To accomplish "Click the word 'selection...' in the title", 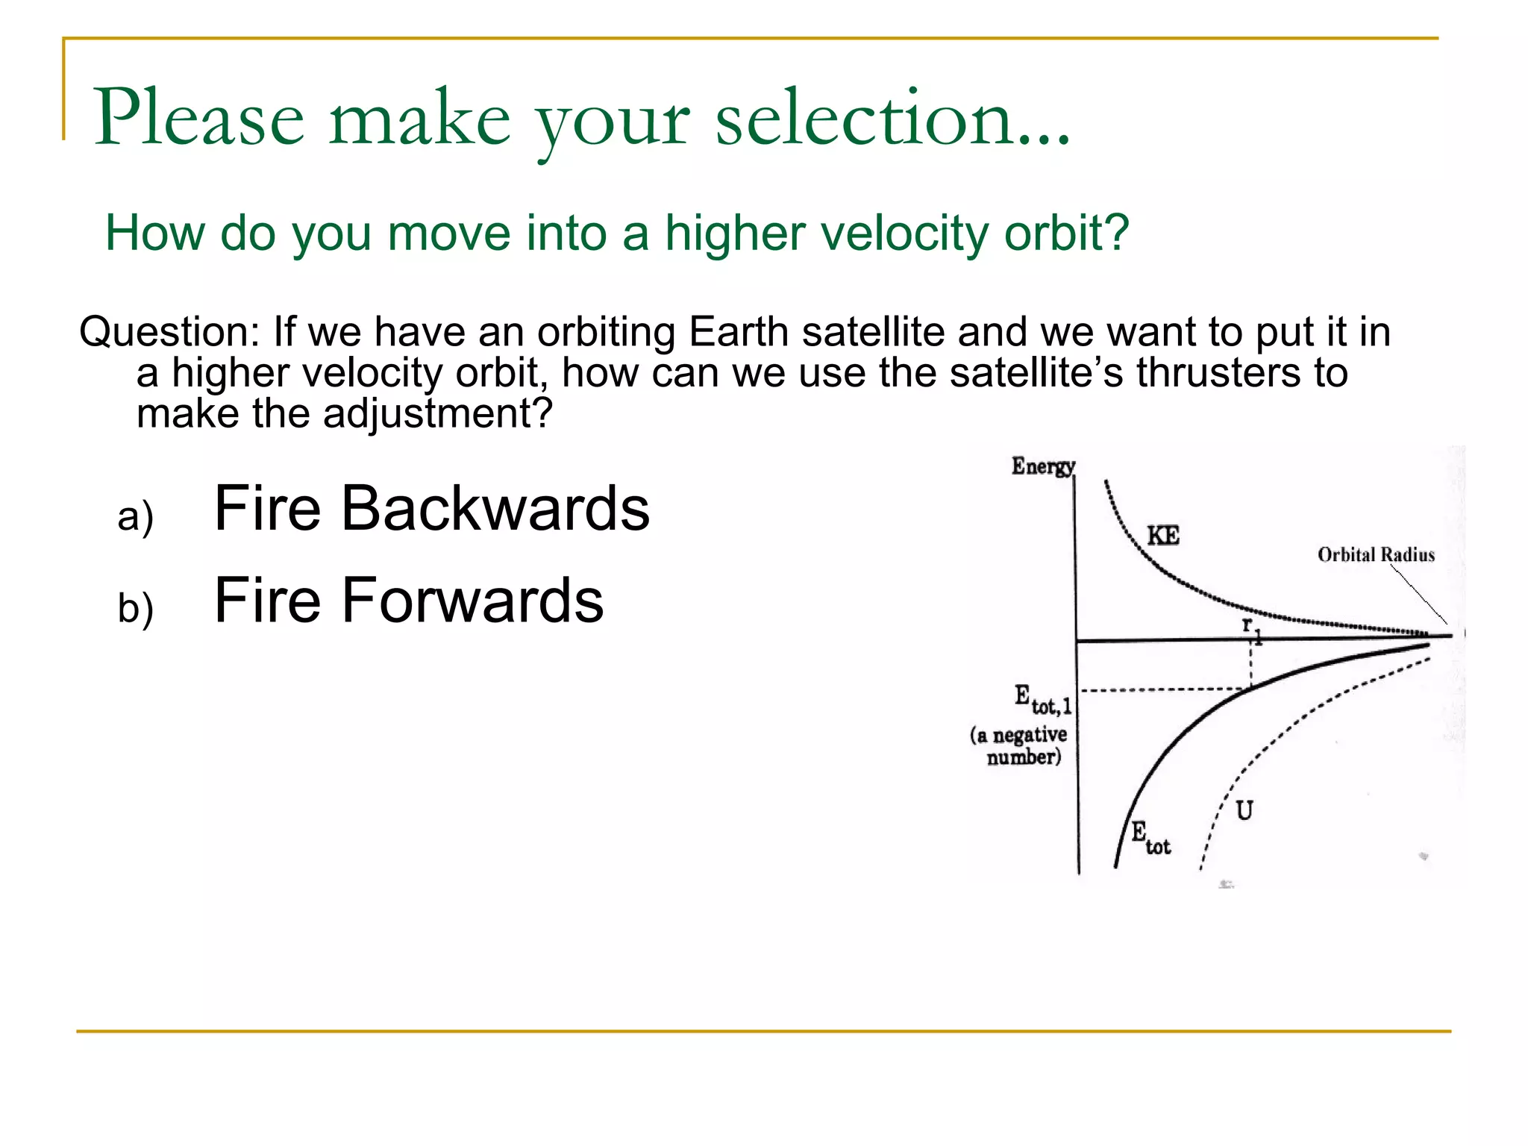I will pyautogui.click(x=892, y=118).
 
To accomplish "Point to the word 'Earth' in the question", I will pyautogui.click(x=738, y=331).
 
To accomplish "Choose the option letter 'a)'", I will pyautogui.click(x=135, y=516).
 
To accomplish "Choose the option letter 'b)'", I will pyautogui.click(x=135, y=607).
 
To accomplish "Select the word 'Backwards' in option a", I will pyautogui.click(x=495, y=508).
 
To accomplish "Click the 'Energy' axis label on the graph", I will pyautogui.click(x=1042, y=466).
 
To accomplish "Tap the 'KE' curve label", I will pyautogui.click(x=1162, y=536).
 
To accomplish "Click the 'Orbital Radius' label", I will pyautogui.click(x=1376, y=554).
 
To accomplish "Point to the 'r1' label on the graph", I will pyautogui.click(x=1251, y=629).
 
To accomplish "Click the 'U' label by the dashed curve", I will pyautogui.click(x=1244, y=810).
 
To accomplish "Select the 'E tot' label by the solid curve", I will pyautogui.click(x=1150, y=836).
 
